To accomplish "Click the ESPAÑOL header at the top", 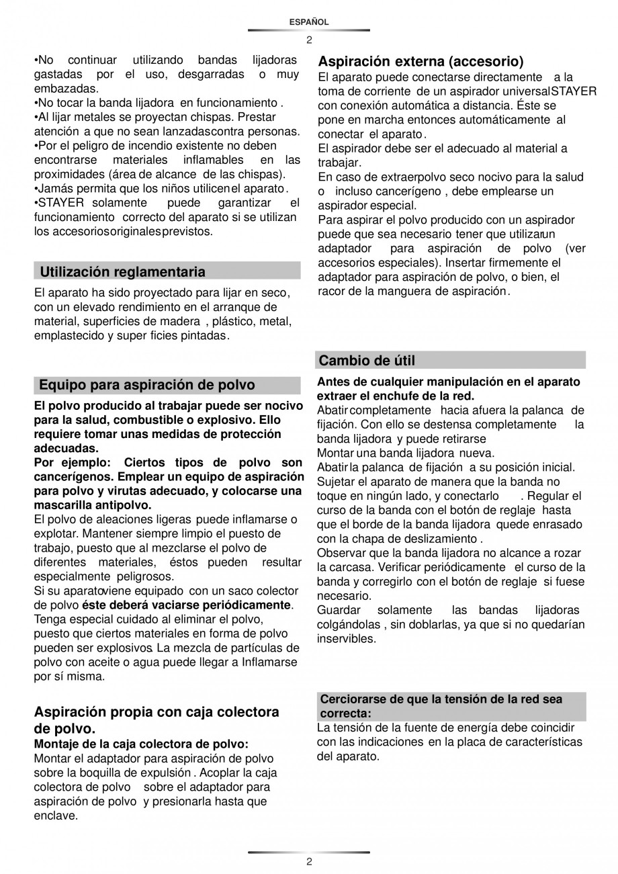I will click(x=309, y=22).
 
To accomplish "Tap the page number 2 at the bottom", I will click(x=309, y=862).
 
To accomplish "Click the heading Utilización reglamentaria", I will click(x=123, y=272).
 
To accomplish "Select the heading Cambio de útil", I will click(x=367, y=361).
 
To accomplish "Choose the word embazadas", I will click(x=66, y=88).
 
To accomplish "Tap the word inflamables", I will click(x=213, y=160).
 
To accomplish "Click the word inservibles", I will click(x=347, y=639).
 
